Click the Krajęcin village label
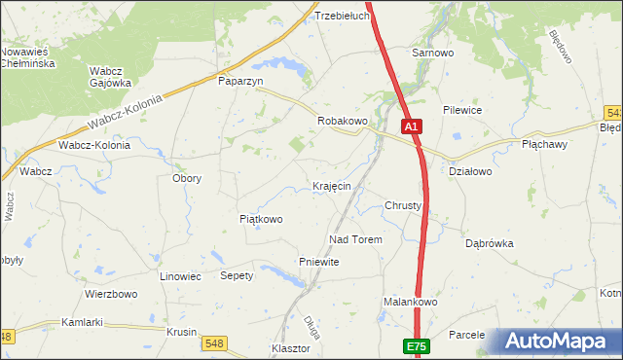click(x=331, y=186)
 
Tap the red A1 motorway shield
click(x=412, y=126)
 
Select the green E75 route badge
click(x=416, y=345)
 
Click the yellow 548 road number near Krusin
click(x=214, y=342)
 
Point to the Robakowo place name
click(x=343, y=121)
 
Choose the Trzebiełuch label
click(x=341, y=17)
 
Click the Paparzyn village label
click(x=240, y=83)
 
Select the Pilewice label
click(x=462, y=111)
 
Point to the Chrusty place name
click(x=402, y=206)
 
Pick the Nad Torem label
click(x=355, y=239)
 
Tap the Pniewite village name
click(x=318, y=263)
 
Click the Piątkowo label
click(x=261, y=220)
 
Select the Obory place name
click(x=186, y=179)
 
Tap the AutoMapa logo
click(x=559, y=342)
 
